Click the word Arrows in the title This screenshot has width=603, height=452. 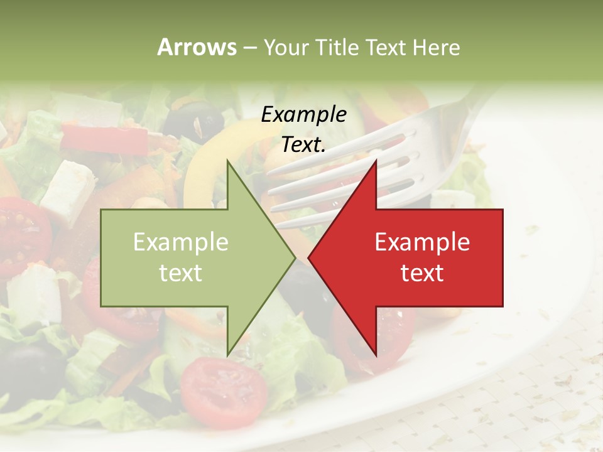tap(197, 47)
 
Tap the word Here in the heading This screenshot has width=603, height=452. tap(435, 47)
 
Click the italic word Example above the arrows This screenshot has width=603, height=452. tap(303, 115)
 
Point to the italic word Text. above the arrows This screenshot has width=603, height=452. tap(303, 144)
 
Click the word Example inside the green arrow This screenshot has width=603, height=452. tap(181, 242)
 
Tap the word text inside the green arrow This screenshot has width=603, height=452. tap(181, 273)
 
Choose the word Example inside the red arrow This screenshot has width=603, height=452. tap(422, 242)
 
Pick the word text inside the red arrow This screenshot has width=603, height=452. tap(422, 273)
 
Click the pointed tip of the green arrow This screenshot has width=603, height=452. tap(294, 257)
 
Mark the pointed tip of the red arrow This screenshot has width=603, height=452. tap(309, 257)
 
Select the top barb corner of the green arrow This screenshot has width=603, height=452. tap(227, 161)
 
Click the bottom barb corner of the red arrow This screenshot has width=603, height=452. tap(376, 355)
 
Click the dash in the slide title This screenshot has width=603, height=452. tap(249, 48)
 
